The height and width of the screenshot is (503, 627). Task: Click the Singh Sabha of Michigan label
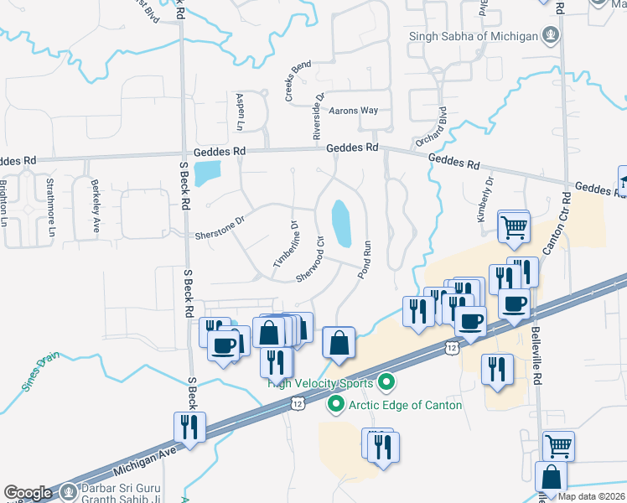(x=474, y=36)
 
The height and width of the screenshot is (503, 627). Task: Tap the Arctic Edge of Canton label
(x=407, y=405)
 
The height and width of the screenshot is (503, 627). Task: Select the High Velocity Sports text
(x=321, y=385)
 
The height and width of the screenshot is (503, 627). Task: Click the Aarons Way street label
(x=353, y=111)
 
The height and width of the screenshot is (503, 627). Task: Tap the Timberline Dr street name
(x=286, y=246)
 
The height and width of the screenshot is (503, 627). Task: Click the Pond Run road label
(x=365, y=261)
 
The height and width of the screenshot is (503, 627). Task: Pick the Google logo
(x=28, y=493)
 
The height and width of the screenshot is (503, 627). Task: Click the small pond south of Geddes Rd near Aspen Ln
(x=204, y=174)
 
